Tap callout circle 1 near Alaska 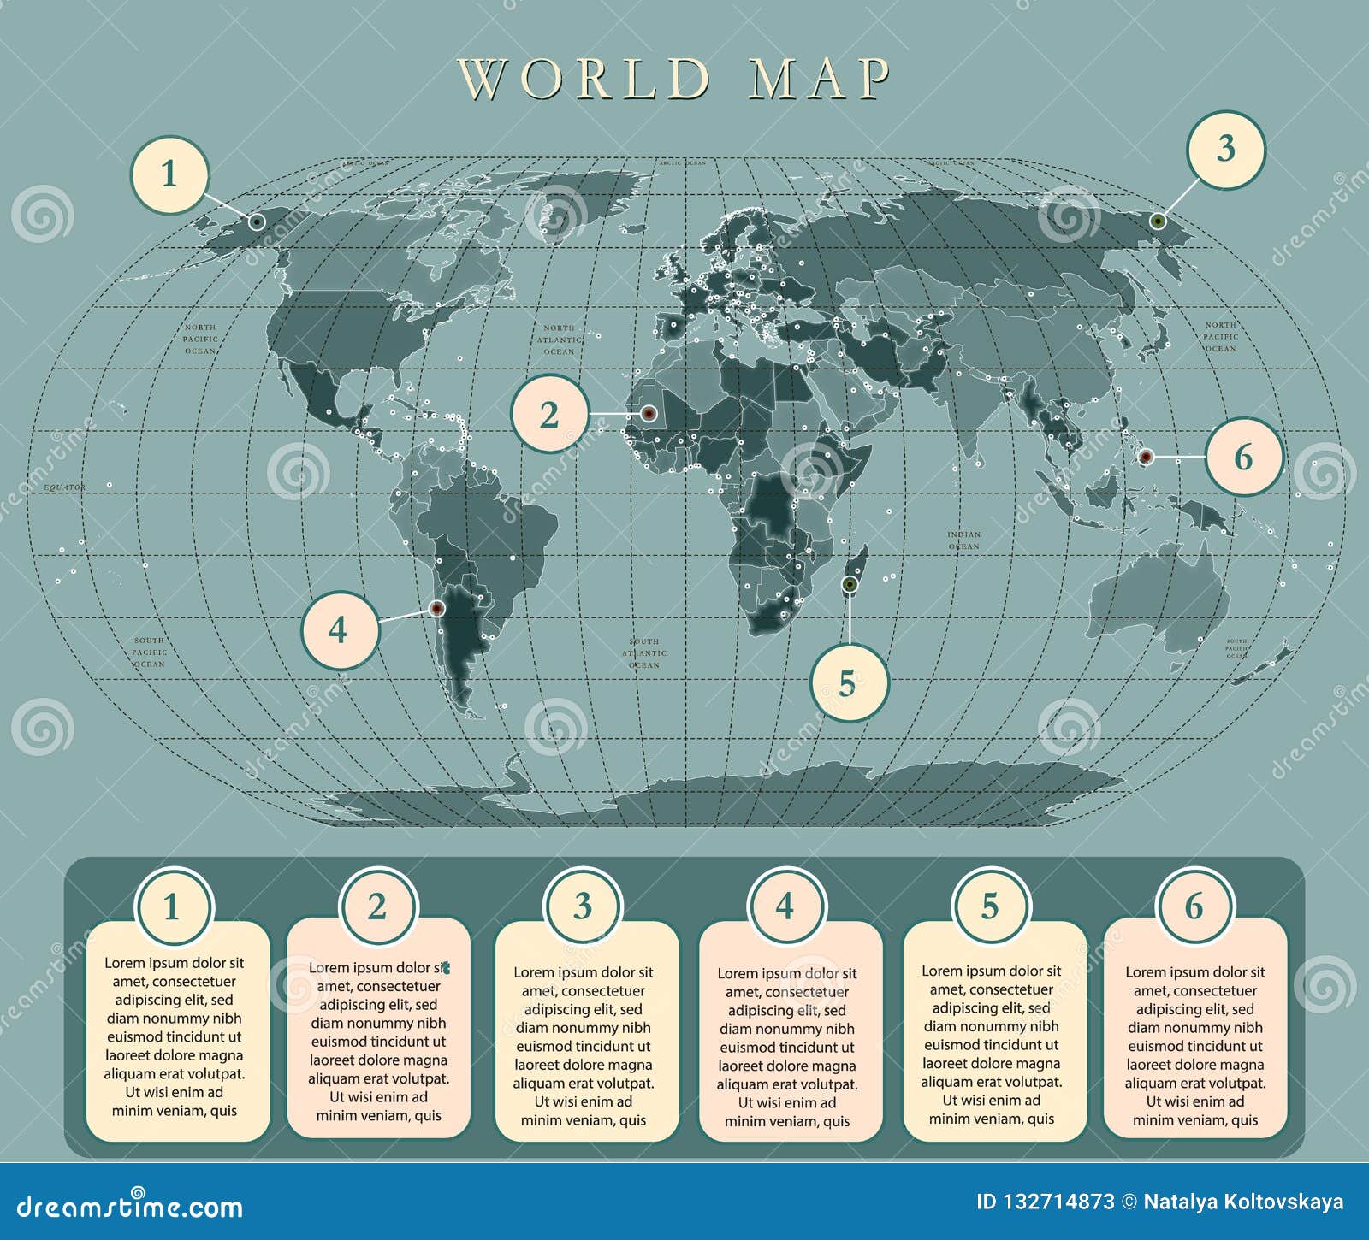tap(169, 175)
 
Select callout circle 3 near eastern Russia tap(1225, 150)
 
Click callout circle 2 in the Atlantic tap(549, 415)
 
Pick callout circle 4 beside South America tap(339, 630)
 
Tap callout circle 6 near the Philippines tap(1244, 457)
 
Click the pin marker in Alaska tap(257, 221)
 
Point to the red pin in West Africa tap(648, 414)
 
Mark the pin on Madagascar tap(849, 584)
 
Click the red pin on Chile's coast tap(436, 609)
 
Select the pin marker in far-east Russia tap(1158, 221)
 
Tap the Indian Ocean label tap(963, 540)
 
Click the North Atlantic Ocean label tap(559, 340)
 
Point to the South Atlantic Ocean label tap(644, 652)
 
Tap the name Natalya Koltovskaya tap(1243, 1202)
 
